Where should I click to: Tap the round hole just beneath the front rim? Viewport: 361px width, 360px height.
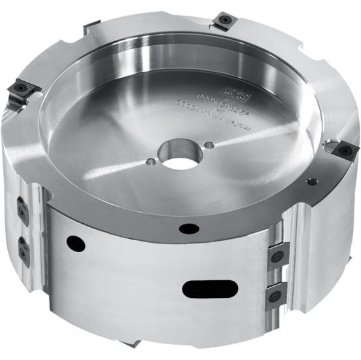point(190,228)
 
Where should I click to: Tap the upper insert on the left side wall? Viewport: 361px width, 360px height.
point(23,210)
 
